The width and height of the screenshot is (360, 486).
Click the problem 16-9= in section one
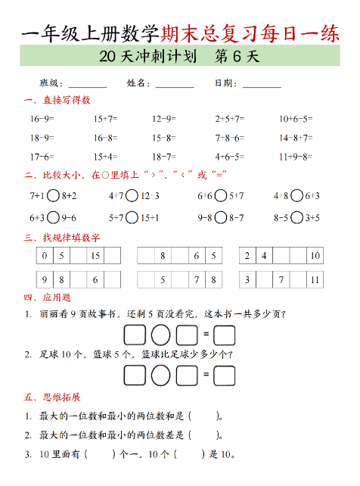pyautogui.click(x=42, y=119)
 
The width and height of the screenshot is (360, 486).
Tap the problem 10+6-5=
pyautogui.click(x=296, y=119)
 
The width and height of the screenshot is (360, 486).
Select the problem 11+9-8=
pyautogui.click(x=296, y=157)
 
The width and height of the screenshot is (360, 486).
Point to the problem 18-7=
pyautogui.click(x=163, y=157)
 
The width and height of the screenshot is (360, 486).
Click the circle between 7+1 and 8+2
pyautogui.click(x=54, y=195)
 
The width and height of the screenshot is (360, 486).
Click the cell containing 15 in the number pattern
pyautogui.click(x=95, y=256)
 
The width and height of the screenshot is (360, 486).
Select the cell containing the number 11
pyautogui.click(x=315, y=280)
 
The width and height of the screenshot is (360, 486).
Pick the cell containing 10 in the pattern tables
pyautogui.click(x=315, y=256)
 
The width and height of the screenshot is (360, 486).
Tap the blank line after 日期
pyautogui.click(x=262, y=84)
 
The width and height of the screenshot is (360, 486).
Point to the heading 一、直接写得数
pyautogui.click(x=57, y=100)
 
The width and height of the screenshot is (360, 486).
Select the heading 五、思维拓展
pyautogui.click(x=52, y=397)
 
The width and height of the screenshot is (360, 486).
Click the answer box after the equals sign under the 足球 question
pyautogui.click(x=224, y=375)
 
